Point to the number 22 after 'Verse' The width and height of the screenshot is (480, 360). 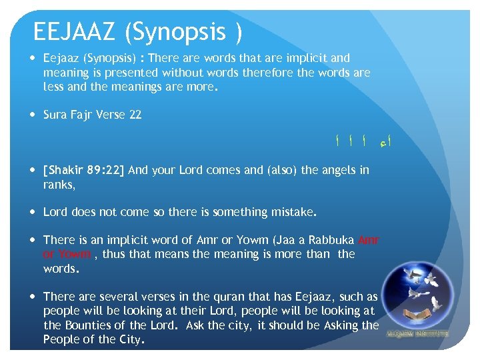tap(135, 115)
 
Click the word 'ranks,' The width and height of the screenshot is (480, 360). tap(59, 184)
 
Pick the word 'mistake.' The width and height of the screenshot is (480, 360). tap(294, 212)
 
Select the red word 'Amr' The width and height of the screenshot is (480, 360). tap(369, 240)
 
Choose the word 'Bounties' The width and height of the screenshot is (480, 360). tap(86, 325)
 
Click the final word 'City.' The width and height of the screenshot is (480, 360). tap(130, 339)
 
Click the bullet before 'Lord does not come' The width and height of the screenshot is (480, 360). tap(35, 212)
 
